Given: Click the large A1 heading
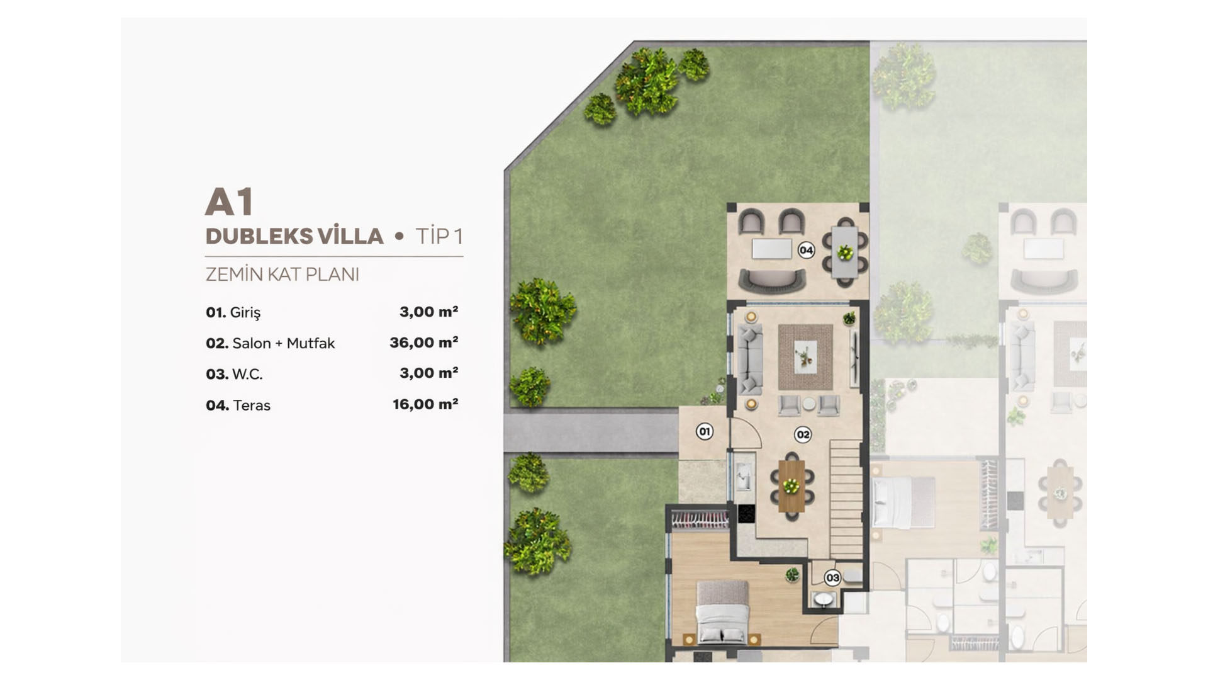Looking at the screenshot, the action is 229,202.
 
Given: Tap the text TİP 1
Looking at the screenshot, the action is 439,236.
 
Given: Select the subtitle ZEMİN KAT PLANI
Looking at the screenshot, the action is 282,275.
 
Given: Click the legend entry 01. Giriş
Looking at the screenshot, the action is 233,312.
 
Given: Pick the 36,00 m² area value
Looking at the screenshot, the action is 423,343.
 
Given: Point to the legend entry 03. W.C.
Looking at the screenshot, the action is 234,374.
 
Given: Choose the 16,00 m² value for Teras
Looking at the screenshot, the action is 425,404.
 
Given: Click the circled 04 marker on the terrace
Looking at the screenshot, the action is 806,250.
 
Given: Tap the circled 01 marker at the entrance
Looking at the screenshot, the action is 705,431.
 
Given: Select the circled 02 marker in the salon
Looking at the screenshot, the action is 803,434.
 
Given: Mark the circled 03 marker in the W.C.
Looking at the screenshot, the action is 832,577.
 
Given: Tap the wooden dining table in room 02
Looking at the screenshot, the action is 791,486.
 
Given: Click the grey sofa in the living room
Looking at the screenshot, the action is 749,359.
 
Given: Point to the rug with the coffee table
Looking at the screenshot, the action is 805,357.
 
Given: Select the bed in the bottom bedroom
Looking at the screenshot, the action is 722,612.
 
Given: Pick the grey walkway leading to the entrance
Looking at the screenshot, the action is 591,432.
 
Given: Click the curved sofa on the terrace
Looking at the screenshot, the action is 772,280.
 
